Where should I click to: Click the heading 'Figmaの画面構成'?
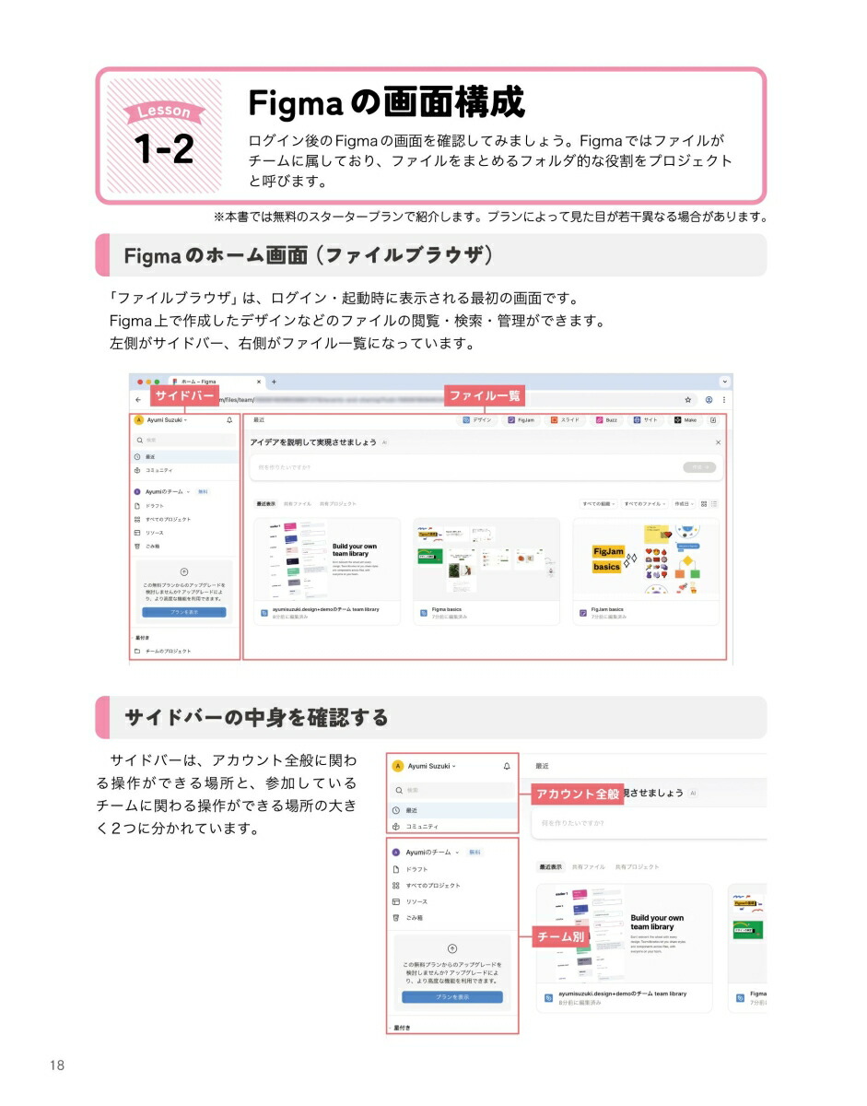click(x=386, y=102)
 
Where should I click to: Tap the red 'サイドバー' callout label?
click(x=184, y=396)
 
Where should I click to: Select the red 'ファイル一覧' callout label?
click(x=485, y=396)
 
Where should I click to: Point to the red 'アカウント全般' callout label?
click(x=578, y=794)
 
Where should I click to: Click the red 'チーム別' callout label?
click(x=560, y=937)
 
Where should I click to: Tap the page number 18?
click(x=57, y=1065)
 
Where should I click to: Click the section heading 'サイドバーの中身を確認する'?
click(x=256, y=717)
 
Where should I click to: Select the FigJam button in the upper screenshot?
click(x=521, y=420)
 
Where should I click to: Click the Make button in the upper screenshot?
click(x=685, y=420)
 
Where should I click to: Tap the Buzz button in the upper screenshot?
click(x=606, y=420)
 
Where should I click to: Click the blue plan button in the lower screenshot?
click(x=452, y=997)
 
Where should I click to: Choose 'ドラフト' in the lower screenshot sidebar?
click(x=417, y=869)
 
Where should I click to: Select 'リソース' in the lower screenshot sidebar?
click(x=416, y=901)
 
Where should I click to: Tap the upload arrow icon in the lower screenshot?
click(x=452, y=948)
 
